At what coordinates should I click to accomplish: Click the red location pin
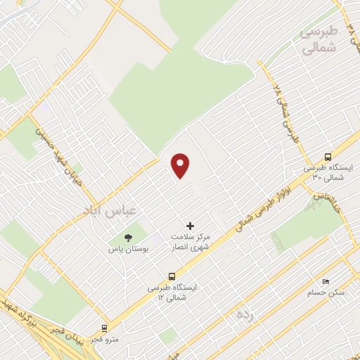point(181,165)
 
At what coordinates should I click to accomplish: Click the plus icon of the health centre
point(190,226)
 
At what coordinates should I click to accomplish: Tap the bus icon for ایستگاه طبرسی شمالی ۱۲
point(172,276)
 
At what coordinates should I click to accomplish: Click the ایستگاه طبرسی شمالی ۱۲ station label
point(173,292)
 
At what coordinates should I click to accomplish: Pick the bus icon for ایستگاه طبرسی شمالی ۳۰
point(328,157)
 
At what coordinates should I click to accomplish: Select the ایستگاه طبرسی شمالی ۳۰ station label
point(328,174)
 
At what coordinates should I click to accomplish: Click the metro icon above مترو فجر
point(104,328)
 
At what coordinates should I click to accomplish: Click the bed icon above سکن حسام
point(325,280)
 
